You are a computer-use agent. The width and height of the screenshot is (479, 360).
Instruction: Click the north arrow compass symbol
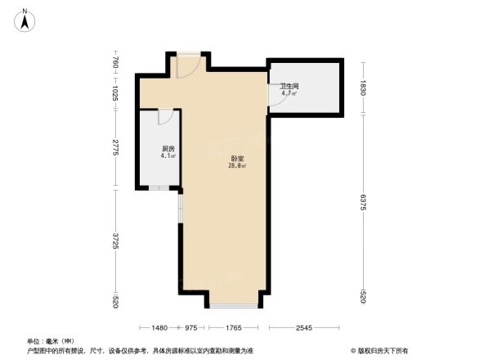pos(26,20)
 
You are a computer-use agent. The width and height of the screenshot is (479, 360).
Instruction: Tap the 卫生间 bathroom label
pos(289,86)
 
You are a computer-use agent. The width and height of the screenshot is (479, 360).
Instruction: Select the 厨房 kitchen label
pos(167,148)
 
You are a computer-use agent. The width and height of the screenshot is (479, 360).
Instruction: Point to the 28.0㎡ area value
pos(237,166)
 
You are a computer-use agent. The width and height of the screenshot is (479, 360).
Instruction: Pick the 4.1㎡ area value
pos(168,155)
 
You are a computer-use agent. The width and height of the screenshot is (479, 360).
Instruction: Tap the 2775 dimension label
pos(116,149)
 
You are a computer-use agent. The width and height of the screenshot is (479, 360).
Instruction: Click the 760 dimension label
pos(116,62)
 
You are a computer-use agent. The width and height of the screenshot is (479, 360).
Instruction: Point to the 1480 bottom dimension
pos(159,328)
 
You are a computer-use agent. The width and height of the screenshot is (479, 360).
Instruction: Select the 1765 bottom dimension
pos(233,328)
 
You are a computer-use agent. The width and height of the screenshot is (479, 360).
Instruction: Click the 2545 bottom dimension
pos(303,328)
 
